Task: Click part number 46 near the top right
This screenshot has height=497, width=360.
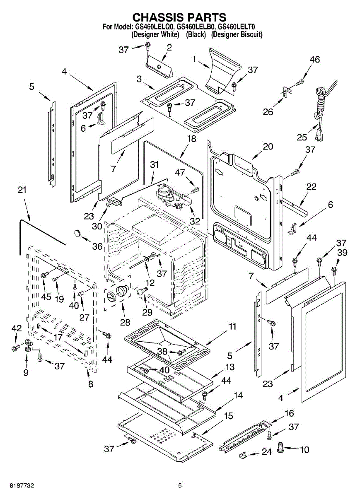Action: coord(314,60)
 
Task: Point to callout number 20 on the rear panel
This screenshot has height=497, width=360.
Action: coord(268,146)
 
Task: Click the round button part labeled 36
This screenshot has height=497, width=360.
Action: coord(77,233)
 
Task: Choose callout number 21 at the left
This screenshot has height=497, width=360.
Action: coord(22,190)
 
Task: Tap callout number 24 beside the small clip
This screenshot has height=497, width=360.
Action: coord(267,452)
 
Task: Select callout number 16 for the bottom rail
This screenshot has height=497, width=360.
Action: coord(289,413)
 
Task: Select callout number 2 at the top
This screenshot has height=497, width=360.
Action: coord(169,48)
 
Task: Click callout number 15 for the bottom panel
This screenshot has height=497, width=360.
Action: coord(228,416)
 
